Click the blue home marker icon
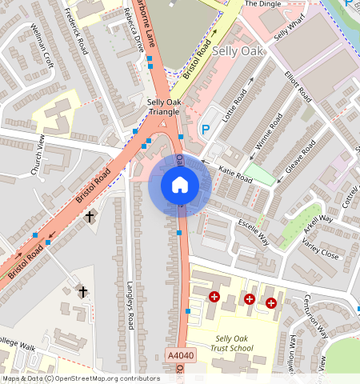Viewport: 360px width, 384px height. click(x=180, y=185)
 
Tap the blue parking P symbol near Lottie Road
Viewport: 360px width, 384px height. click(x=206, y=130)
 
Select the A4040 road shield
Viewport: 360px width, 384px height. click(x=179, y=354)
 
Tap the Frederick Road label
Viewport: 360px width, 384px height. click(x=75, y=33)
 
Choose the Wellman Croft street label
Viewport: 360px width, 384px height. click(x=41, y=50)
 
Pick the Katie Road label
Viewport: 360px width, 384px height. click(x=235, y=175)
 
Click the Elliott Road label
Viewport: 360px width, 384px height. click(x=298, y=86)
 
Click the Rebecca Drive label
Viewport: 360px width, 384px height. click(x=135, y=30)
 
